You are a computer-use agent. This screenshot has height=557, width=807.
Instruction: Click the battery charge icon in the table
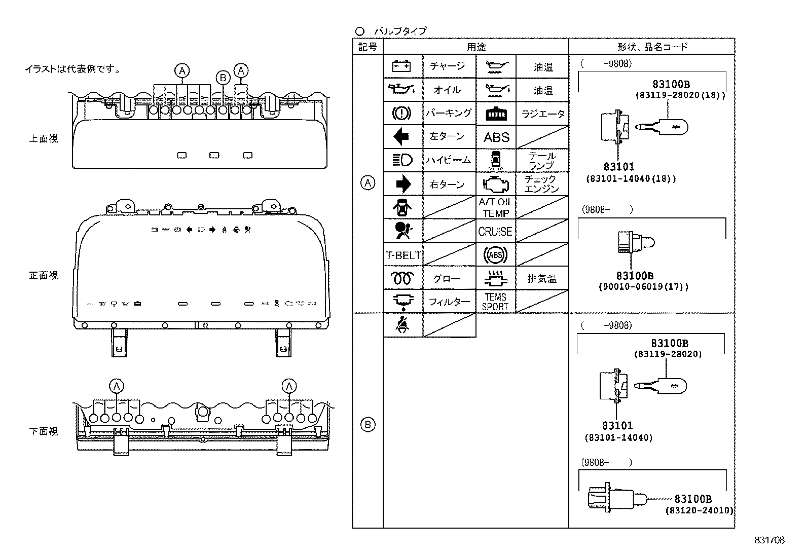point(403,66)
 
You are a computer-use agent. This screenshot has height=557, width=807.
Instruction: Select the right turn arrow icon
point(403,184)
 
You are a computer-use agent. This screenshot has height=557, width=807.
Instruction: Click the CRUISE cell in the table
point(495,232)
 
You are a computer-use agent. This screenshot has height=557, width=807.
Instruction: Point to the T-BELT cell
point(403,255)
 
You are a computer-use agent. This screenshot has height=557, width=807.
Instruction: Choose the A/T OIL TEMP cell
point(495,208)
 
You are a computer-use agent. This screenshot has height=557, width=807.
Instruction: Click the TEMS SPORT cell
point(495,302)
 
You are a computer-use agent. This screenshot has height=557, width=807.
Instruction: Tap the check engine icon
point(496,183)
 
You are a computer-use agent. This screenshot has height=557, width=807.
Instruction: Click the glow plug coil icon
point(403,279)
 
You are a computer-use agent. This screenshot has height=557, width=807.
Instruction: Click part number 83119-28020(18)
point(680,95)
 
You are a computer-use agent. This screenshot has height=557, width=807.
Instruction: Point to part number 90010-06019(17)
point(643,287)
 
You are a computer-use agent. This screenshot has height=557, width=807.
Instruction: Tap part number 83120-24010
point(699,510)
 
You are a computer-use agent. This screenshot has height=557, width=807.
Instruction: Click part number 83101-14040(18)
point(631,179)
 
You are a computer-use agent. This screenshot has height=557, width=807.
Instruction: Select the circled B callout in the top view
point(223,78)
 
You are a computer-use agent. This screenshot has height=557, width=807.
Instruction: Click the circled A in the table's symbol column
point(368,183)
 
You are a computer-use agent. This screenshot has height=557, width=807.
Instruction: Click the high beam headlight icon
point(403,160)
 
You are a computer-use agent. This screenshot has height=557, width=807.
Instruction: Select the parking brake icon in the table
point(403,113)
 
